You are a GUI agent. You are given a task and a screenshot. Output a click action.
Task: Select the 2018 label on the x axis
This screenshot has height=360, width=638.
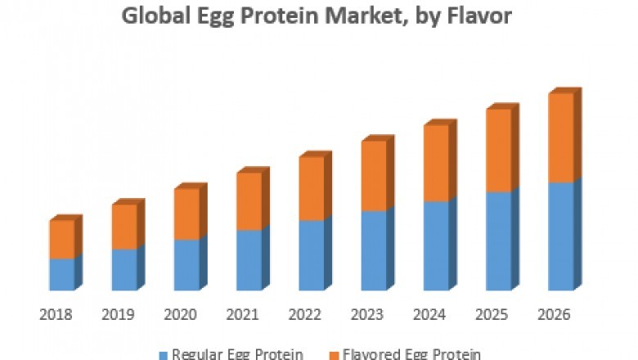pos(56,314)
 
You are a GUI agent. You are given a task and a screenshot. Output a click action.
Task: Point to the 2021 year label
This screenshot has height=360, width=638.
pos(243,314)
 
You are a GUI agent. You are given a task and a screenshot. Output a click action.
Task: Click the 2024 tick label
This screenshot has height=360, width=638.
pos(430,314)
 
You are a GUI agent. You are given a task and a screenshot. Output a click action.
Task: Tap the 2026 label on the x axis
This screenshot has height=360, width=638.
pos(555,314)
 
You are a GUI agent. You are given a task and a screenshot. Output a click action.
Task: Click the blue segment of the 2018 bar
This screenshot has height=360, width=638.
pos(61,274)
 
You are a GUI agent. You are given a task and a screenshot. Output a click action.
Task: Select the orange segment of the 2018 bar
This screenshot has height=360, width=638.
pos(61,239)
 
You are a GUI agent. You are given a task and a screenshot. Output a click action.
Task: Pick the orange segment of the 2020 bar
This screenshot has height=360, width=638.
pos(186,214)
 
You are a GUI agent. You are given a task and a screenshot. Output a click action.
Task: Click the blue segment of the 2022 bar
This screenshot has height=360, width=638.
pos(311,255)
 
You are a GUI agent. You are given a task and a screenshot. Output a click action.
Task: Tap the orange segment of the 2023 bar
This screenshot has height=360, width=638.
pos(374,176)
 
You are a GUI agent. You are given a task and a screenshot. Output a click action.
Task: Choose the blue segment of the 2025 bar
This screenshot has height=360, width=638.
pos(498,241)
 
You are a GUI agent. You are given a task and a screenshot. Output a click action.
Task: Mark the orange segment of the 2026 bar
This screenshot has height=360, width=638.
pos(560,137)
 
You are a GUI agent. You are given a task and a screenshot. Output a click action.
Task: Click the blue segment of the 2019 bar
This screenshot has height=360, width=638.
pos(124,269)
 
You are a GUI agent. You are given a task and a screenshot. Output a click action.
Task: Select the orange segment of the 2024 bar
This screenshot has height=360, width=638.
pos(436,163)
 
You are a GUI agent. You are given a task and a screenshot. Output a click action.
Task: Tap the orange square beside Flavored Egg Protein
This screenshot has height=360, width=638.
pos(333,354)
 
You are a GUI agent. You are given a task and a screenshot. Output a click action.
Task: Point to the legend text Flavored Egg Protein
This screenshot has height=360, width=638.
pos(411,354)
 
